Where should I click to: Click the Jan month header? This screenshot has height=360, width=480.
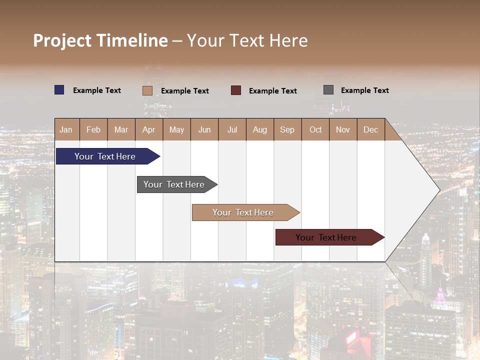pos(66,130)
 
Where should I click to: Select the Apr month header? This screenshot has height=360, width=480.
pos(149,130)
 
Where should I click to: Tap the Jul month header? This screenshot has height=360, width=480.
pos(232,130)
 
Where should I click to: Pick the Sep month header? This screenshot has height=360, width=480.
pos(287,130)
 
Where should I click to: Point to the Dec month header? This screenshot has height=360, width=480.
pos(371,130)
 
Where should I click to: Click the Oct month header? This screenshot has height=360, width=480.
pos(315,130)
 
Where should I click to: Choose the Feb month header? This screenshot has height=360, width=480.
pos(93,130)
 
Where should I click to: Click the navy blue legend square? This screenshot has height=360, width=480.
pos(59,90)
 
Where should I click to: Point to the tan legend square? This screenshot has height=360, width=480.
pos(147,90)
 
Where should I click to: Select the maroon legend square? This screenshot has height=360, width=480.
pos(236,90)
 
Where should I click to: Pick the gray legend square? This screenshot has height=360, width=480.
pos(328,90)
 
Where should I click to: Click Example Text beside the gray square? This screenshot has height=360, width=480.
pos(364,90)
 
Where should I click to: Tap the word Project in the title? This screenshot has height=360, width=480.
pos(62,40)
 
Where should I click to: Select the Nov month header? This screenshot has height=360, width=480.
pos(343,130)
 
